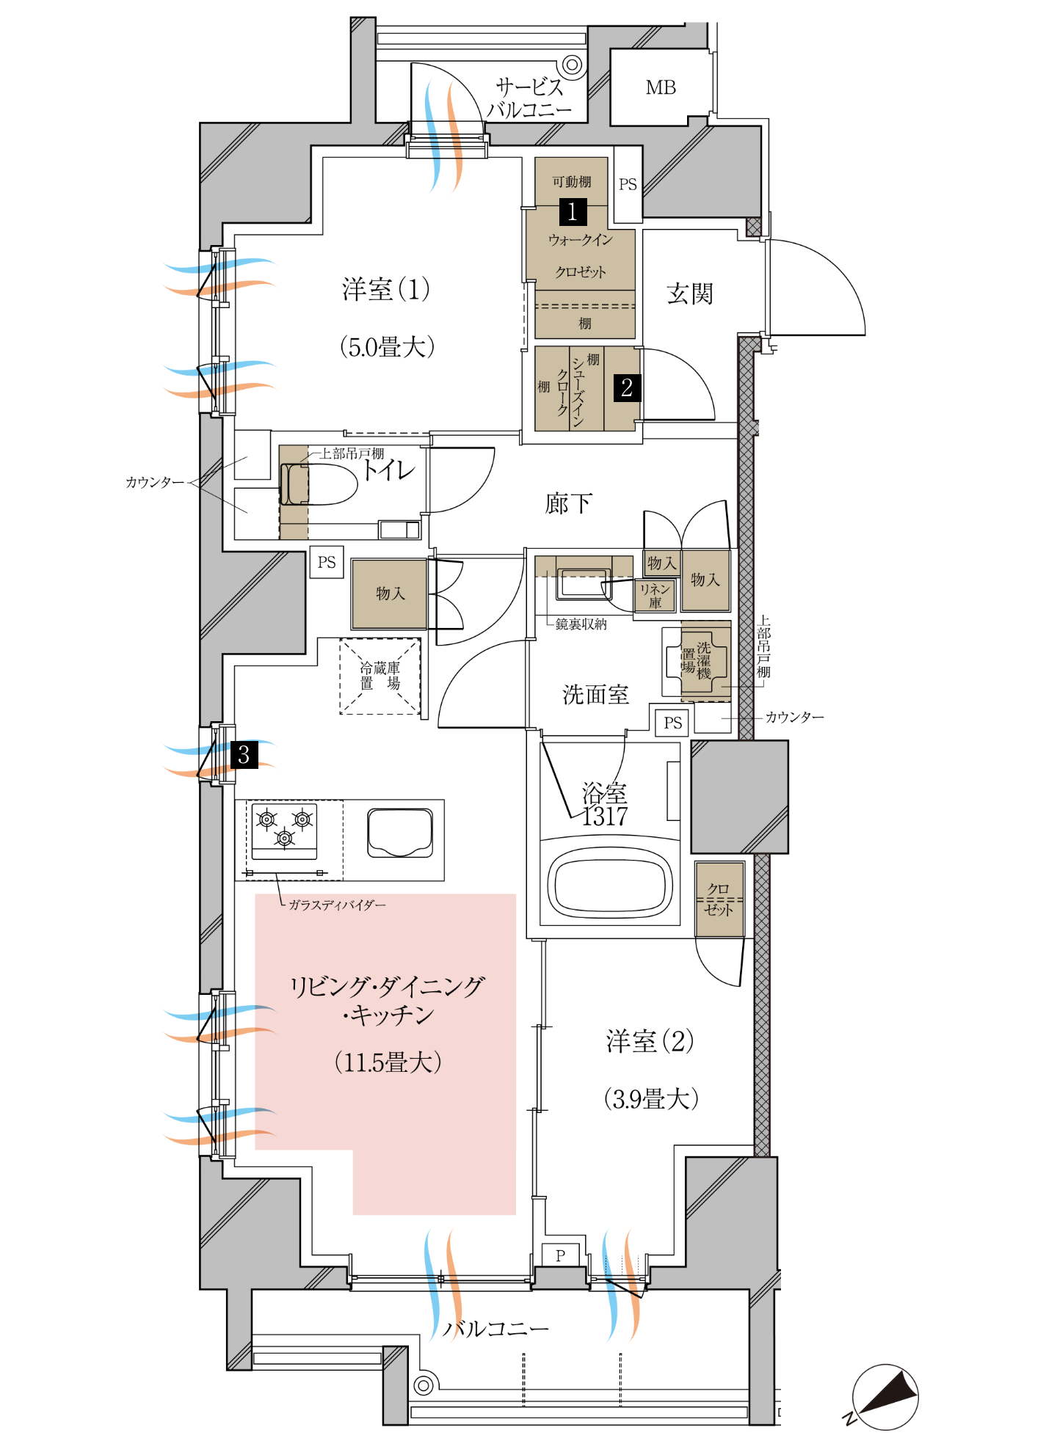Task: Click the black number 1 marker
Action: pos(573,211)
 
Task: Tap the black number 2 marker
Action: pos(627,387)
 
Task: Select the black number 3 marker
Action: pos(244,755)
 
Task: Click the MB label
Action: pos(661,88)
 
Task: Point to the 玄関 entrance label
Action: pos(690,293)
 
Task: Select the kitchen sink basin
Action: pos(400,833)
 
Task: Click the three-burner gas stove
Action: pos(285,831)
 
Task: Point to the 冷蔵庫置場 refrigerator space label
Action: pos(380,676)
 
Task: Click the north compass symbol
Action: pos(885,1396)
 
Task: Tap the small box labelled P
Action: pos(561,1255)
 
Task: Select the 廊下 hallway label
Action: pos(569,503)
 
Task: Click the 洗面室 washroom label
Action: pos(595,694)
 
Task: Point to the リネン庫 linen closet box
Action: pos(655,595)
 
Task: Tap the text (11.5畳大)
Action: pos(388,1062)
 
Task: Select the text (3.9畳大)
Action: pos(651,1098)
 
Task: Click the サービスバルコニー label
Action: pos(529,98)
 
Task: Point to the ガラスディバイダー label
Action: pos(337,905)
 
